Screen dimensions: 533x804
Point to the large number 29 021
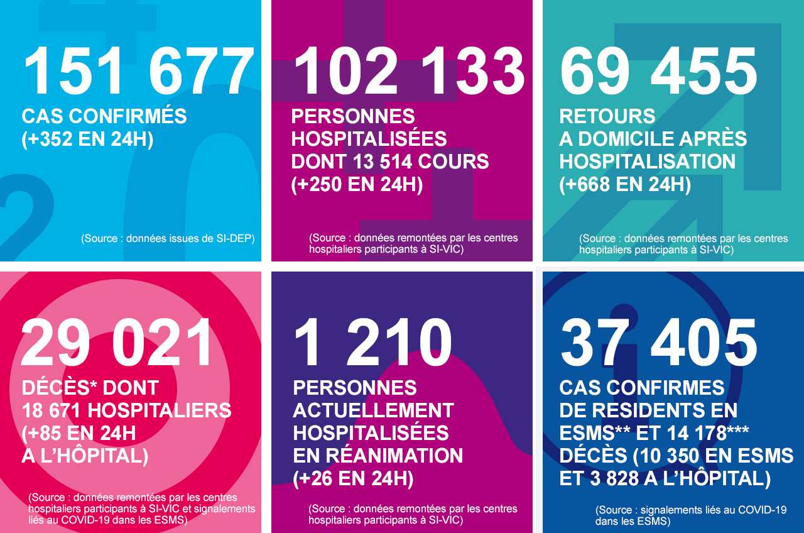pyautogui.click(x=117, y=343)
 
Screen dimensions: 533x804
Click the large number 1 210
pyautogui.click(x=372, y=343)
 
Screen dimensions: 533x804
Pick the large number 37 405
pyautogui.click(x=659, y=343)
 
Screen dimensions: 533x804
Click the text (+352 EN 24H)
pyautogui.click(x=87, y=139)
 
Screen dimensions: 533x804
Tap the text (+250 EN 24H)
pyautogui.click(x=357, y=184)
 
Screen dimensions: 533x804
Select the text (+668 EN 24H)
pyautogui.click(x=625, y=184)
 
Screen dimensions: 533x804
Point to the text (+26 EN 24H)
pyautogui.click(x=353, y=478)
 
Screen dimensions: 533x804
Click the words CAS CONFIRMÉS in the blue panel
pyautogui.click(x=104, y=116)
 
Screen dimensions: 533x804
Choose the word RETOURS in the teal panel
pyautogui.click(x=607, y=116)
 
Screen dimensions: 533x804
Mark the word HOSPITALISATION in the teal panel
pyautogui.click(x=648, y=162)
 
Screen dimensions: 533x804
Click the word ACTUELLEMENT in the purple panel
pyautogui.click(x=373, y=410)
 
